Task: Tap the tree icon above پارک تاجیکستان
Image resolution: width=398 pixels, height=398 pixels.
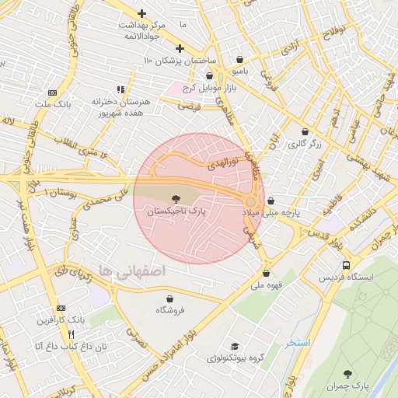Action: (x=173, y=199)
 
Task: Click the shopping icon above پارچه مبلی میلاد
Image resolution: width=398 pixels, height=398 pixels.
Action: (x=270, y=201)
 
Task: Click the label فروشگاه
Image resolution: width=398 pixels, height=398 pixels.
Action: (x=170, y=310)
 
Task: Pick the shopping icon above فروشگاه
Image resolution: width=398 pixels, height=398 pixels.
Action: (x=170, y=298)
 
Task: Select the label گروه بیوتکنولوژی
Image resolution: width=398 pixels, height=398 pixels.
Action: (x=234, y=358)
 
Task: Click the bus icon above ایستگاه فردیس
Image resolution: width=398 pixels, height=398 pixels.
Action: (x=345, y=264)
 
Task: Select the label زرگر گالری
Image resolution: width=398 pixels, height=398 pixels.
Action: (x=304, y=145)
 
